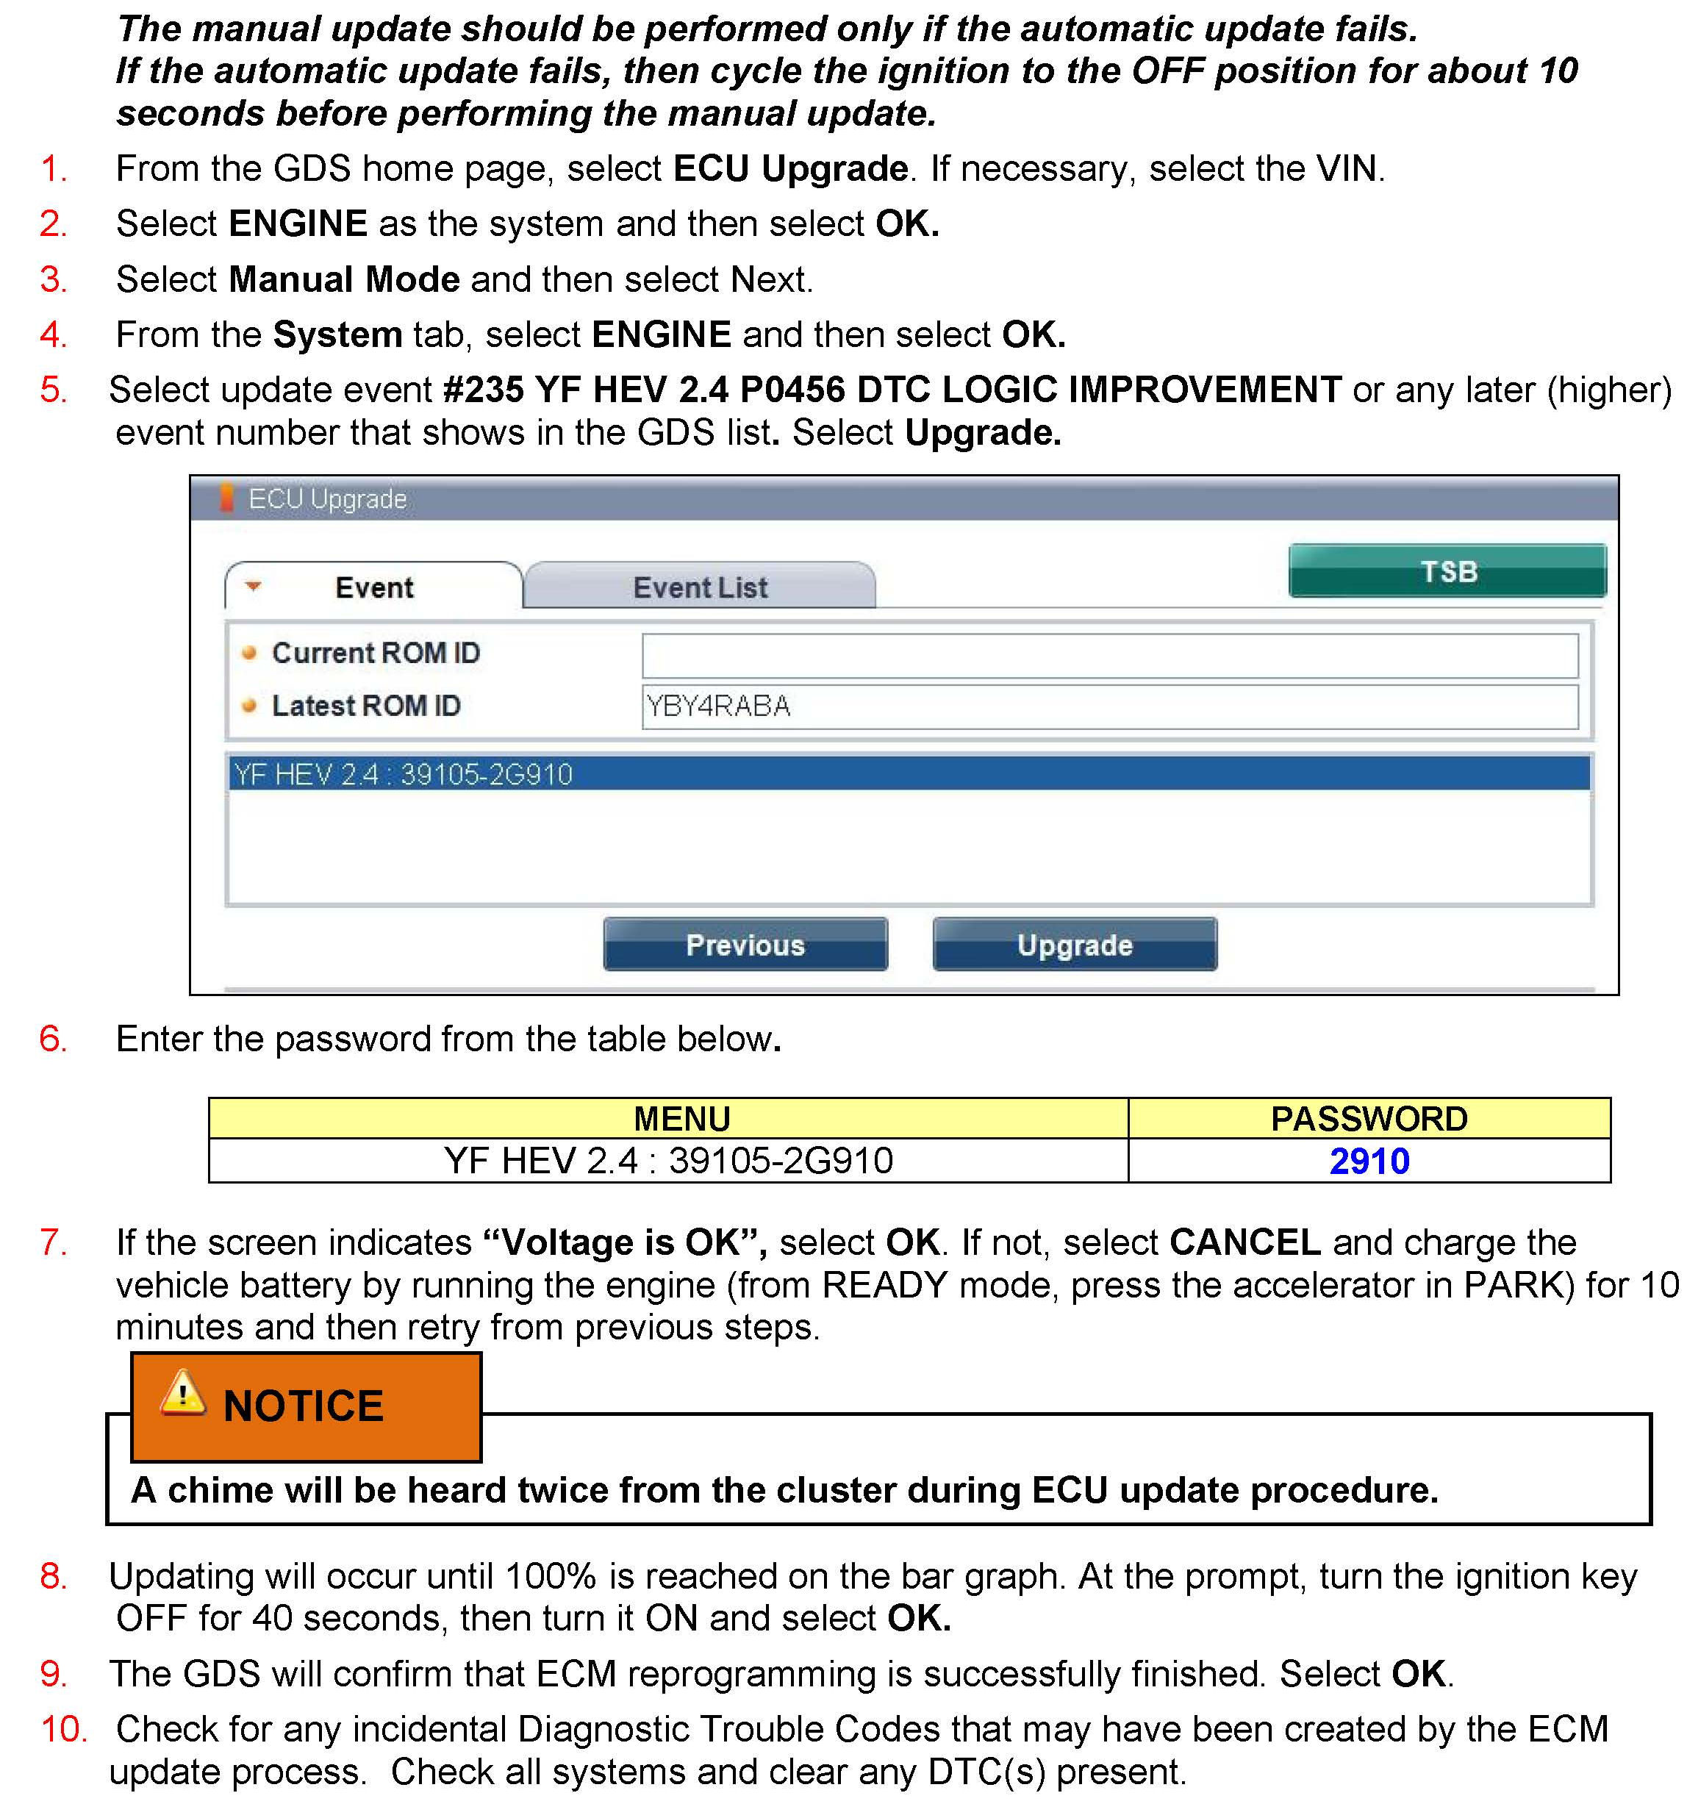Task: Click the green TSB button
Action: [1447, 570]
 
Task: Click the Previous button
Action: [745, 945]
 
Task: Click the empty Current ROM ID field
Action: [1109, 655]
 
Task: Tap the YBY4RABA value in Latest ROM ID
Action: [719, 706]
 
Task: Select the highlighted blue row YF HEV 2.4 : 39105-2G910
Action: [908, 774]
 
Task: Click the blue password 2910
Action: [1369, 1161]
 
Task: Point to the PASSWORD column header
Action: [1369, 1119]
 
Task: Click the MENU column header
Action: [681, 1119]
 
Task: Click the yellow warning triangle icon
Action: [183, 1393]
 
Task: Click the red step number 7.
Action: [54, 1242]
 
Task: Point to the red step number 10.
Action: [63, 1730]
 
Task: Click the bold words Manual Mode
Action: [344, 279]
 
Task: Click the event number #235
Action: [483, 390]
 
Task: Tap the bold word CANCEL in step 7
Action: [1244, 1242]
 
